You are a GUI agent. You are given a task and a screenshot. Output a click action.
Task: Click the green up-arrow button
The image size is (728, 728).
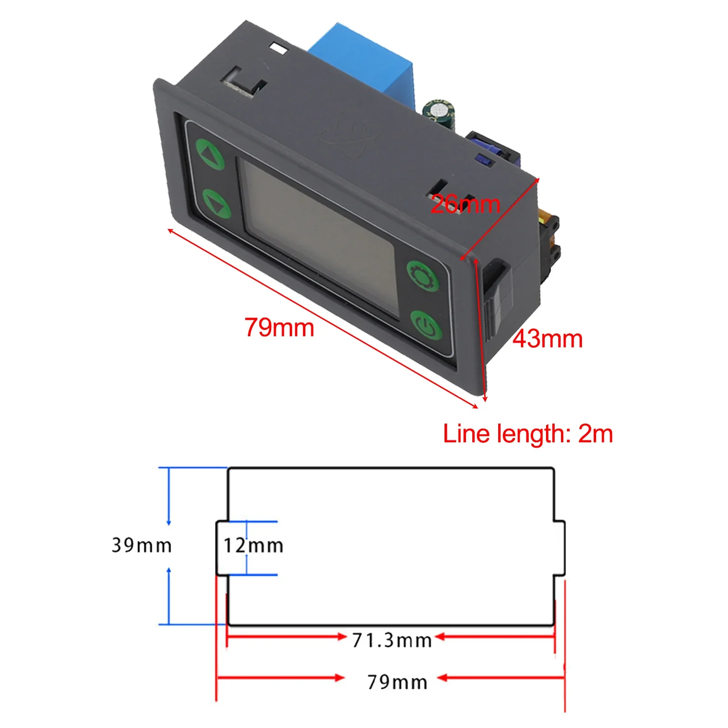tap(210, 154)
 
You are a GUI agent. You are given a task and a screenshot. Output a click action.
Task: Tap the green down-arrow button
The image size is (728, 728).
tap(216, 203)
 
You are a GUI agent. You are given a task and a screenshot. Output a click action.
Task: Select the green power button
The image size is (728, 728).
tap(426, 326)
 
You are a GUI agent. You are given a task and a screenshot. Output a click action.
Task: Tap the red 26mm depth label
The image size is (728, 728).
tap(465, 204)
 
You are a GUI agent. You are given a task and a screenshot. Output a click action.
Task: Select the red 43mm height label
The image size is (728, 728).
tap(547, 339)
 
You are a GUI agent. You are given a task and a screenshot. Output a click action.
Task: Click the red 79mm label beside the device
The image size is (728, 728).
tap(279, 327)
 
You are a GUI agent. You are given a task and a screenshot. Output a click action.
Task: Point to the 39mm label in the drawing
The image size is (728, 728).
tap(142, 545)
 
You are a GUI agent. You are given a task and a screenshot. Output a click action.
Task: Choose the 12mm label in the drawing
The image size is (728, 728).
tap(253, 546)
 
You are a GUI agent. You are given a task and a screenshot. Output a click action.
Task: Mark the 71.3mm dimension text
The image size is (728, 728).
tap(391, 641)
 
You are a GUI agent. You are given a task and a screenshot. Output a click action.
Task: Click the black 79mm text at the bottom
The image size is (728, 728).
tap(397, 682)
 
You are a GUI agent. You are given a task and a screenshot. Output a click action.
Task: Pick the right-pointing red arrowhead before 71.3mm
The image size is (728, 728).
tap(342, 637)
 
